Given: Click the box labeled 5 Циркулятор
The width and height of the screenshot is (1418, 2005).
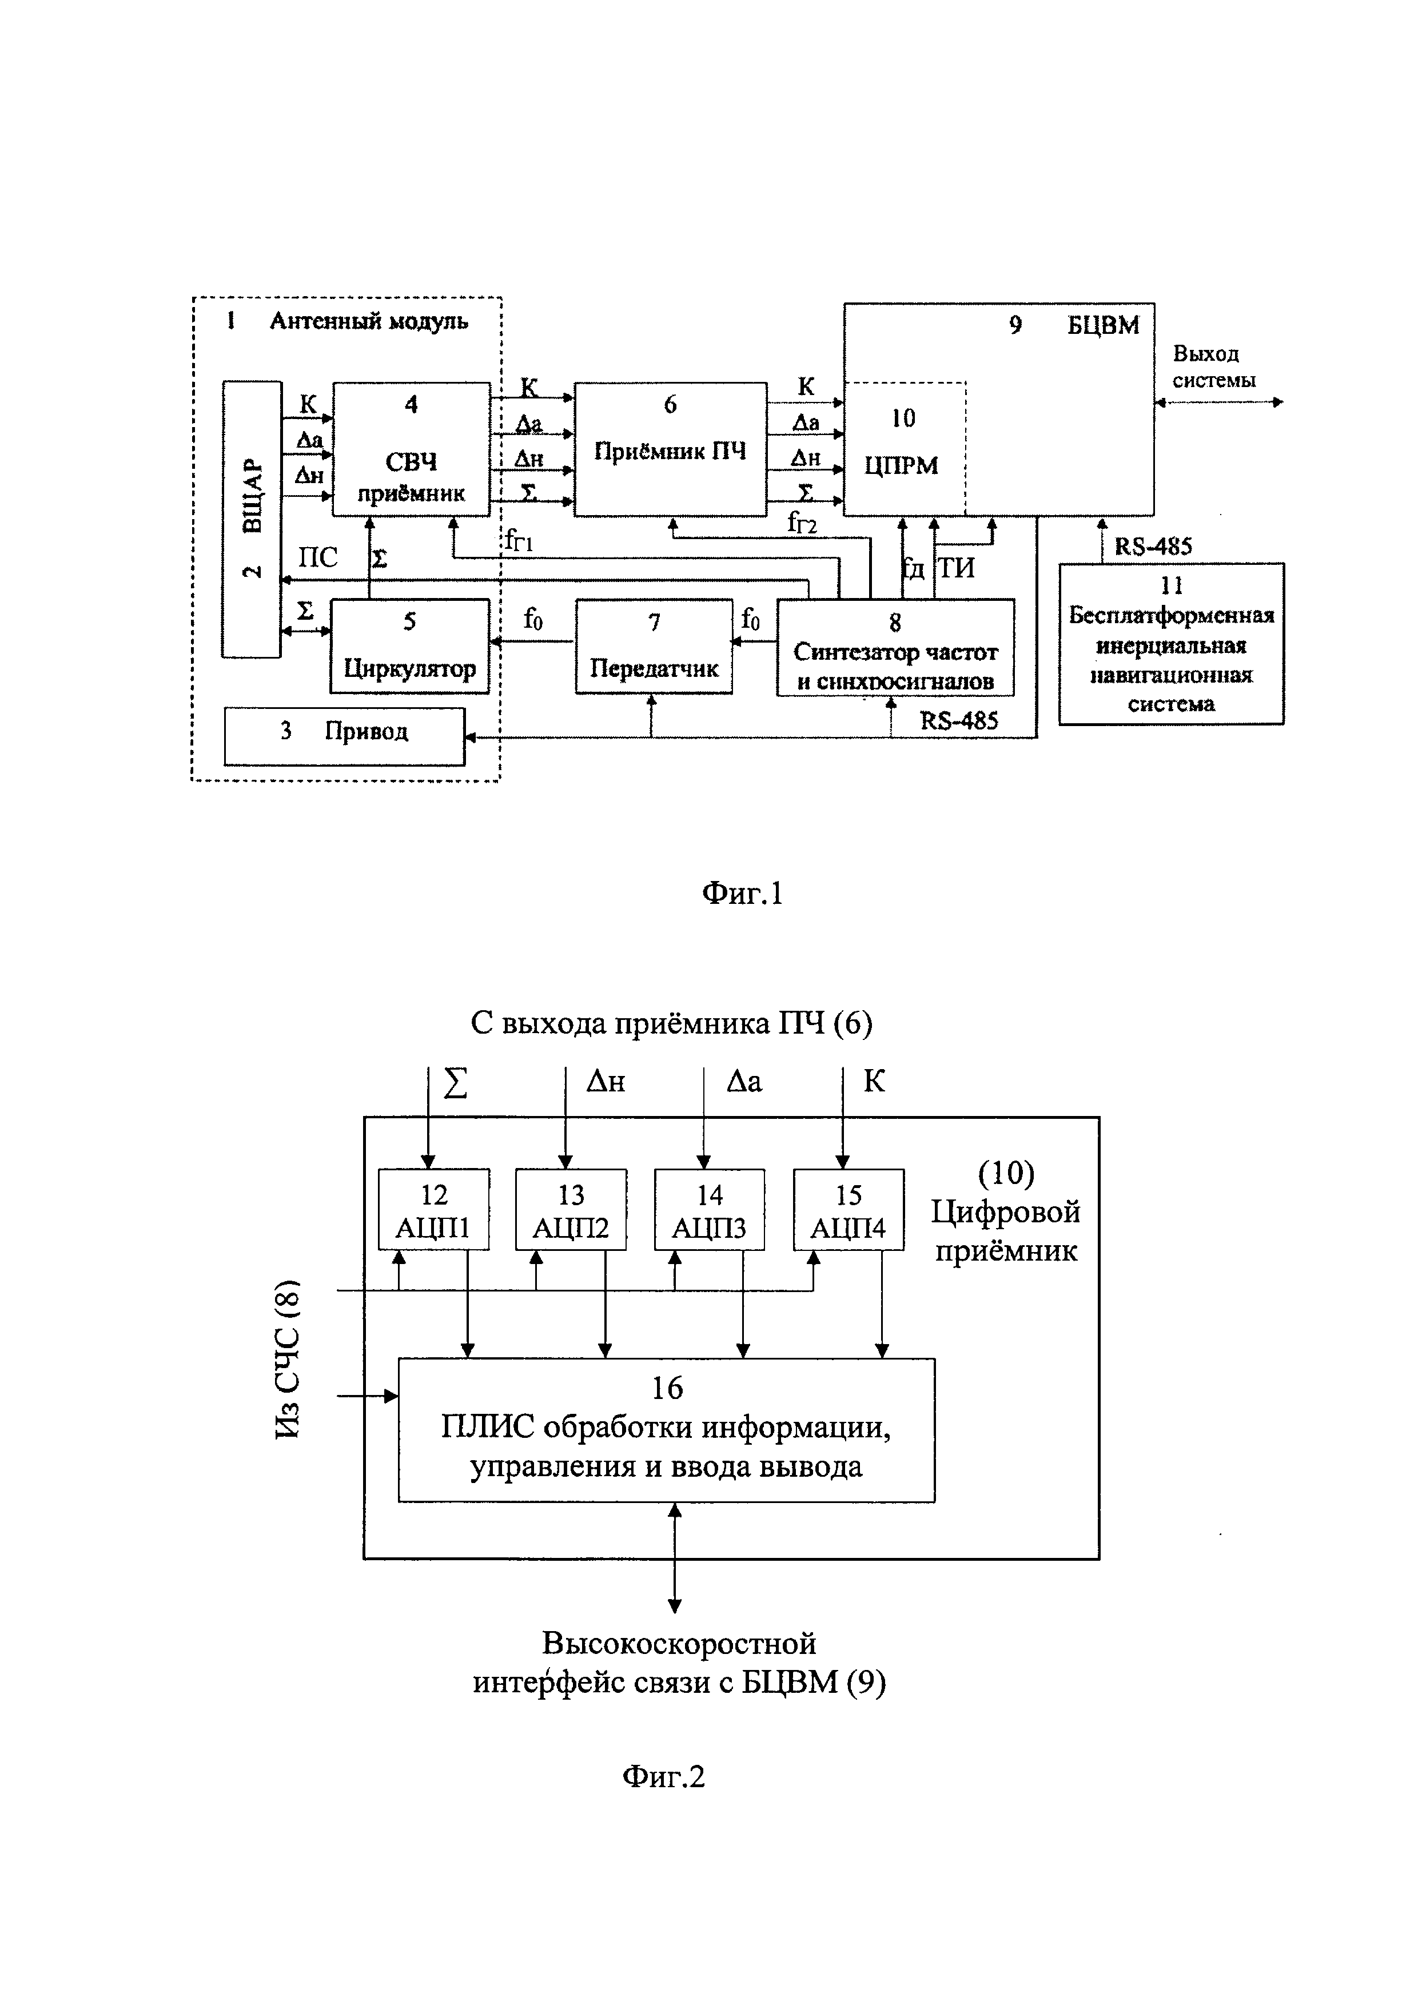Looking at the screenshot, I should click(409, 646).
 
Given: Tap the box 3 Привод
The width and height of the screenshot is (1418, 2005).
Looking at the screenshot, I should click(344, 736).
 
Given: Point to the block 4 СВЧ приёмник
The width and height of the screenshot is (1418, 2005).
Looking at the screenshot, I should click(411, 449).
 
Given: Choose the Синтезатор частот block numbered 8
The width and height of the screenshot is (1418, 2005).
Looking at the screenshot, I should click(895, 647).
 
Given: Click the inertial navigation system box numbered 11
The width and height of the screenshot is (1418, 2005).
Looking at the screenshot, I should click(1171, 644).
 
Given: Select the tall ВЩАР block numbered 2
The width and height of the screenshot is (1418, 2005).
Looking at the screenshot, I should click(252, 519).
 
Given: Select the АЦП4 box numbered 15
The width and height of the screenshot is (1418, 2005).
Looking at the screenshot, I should click(848, 1210).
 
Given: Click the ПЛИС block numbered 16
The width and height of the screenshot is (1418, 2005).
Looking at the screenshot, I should click(666, 1429).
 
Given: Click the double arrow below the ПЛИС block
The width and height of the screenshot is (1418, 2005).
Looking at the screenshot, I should click(674, 1557).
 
